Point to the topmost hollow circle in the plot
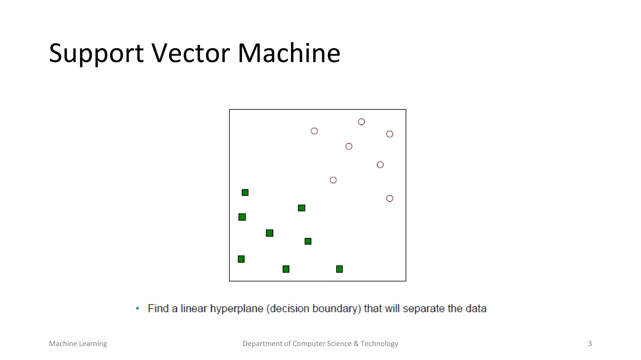point(361,122)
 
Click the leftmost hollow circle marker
point(314,131)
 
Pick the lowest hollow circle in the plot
point(389,198)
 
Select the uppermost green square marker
point(245,192)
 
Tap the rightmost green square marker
point(339,269)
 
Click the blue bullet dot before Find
point(137,308)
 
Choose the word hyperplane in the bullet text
point(237,309)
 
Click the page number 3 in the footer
point(590,344)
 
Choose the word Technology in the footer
point(379,344)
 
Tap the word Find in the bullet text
point(158,308)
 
